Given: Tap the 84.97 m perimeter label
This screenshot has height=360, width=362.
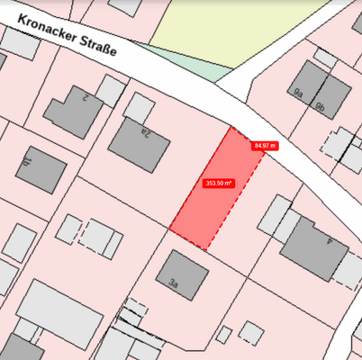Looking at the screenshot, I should tap(266, 145).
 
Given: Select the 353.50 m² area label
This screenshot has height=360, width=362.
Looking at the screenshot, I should tap(219, 183).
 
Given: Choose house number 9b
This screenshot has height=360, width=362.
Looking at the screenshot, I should tap(320, 105).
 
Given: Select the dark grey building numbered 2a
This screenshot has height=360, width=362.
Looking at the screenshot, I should tap(137, 144).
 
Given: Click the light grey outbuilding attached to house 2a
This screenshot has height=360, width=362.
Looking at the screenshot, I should tap(140, 106).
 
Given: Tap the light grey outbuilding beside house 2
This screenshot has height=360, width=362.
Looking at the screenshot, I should tap(110, 89).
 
